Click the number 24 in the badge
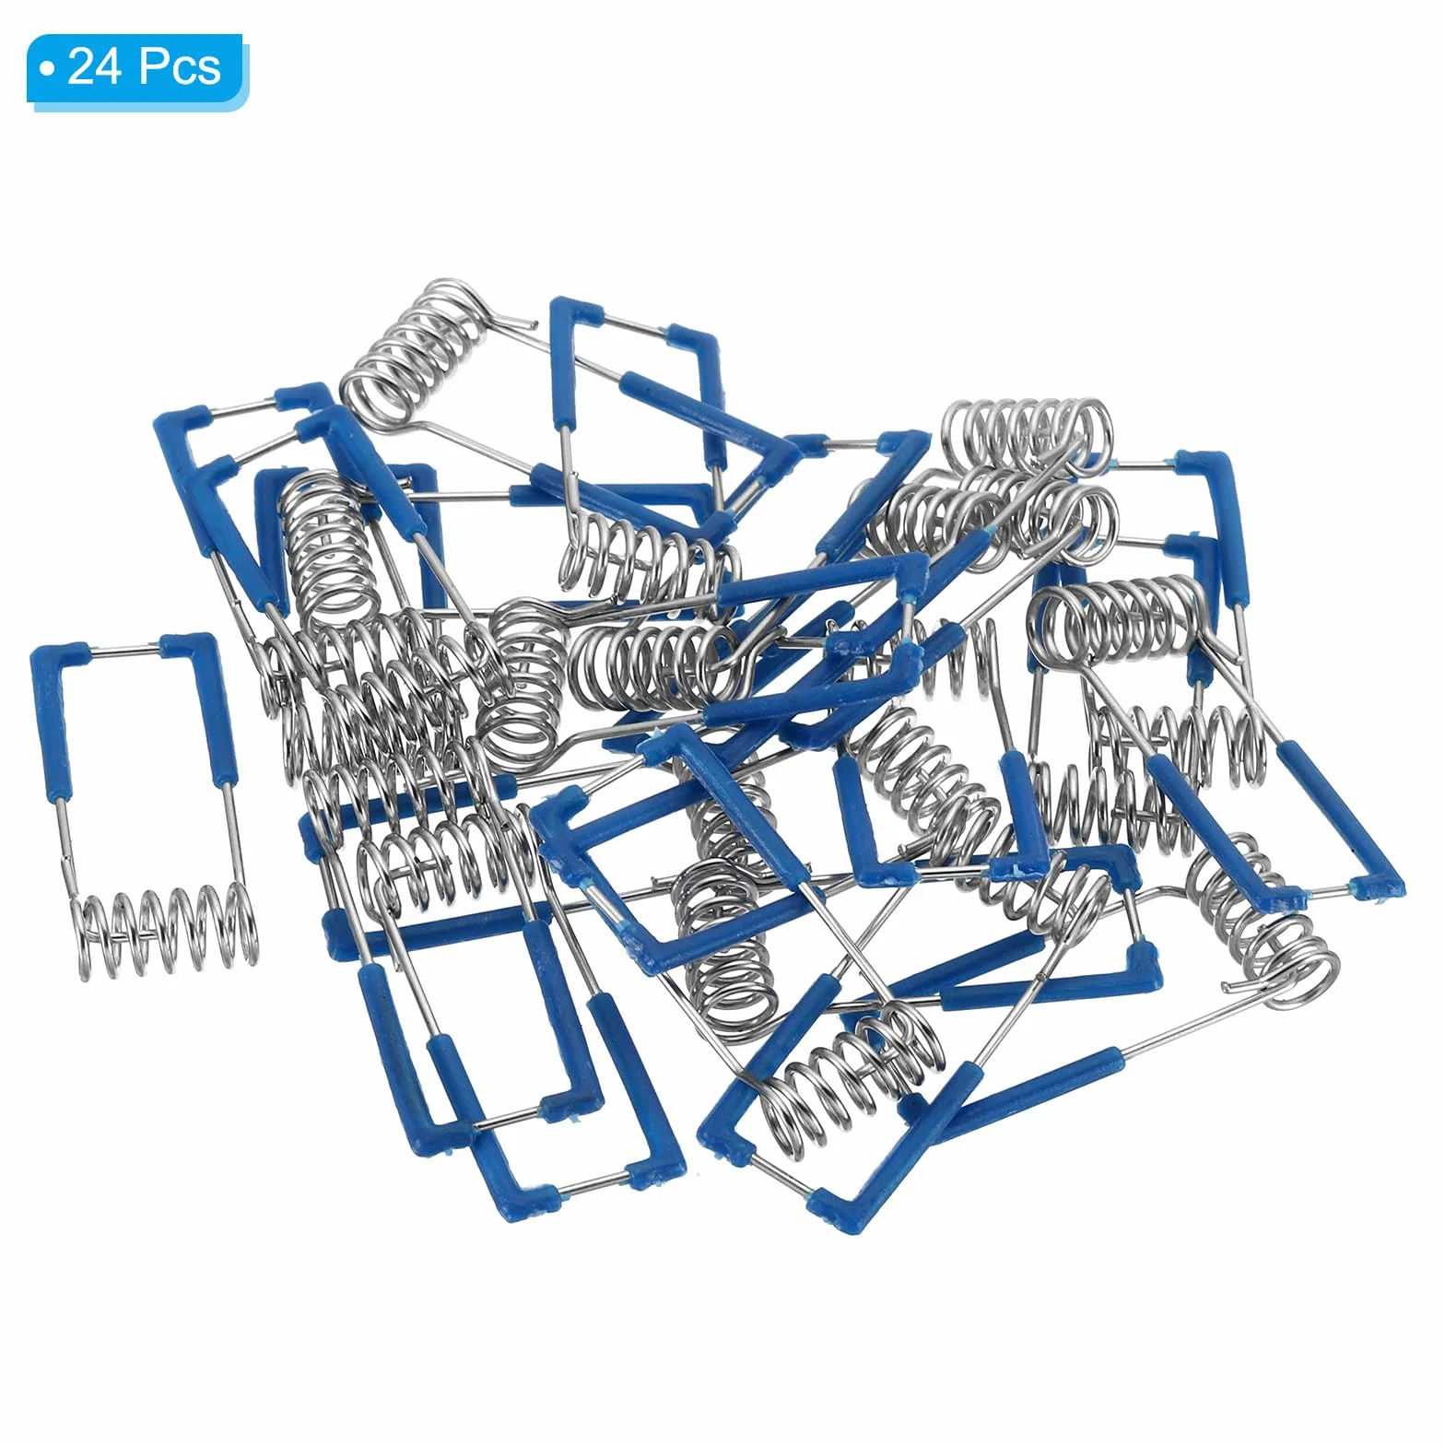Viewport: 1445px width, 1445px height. click(x=96, y=67)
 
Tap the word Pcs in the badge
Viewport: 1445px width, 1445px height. click(x=182, y=67)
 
